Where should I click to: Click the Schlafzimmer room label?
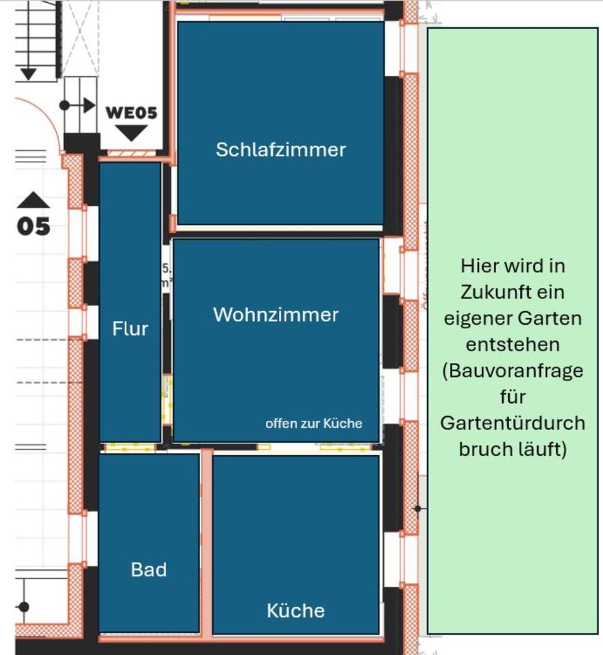tap(280, 149)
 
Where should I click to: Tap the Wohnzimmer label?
tap(276, 315)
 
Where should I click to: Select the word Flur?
tap(130, 329)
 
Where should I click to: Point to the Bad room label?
tap(148, 569)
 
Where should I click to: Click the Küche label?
tap(295, 610)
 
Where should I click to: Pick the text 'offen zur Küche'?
tap(313, 423)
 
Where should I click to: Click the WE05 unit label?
tap(131, 113)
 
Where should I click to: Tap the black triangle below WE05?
tap(131, 132)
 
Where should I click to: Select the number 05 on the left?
tap(34, 226)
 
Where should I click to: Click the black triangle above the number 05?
tap(33, 199)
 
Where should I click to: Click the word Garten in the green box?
tap(549, 318)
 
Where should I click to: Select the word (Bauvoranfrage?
tap(512, 371)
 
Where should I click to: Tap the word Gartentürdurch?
tap(512, 423)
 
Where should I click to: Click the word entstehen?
tap(512, 344)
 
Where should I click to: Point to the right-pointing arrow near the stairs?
tap(87, 105)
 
